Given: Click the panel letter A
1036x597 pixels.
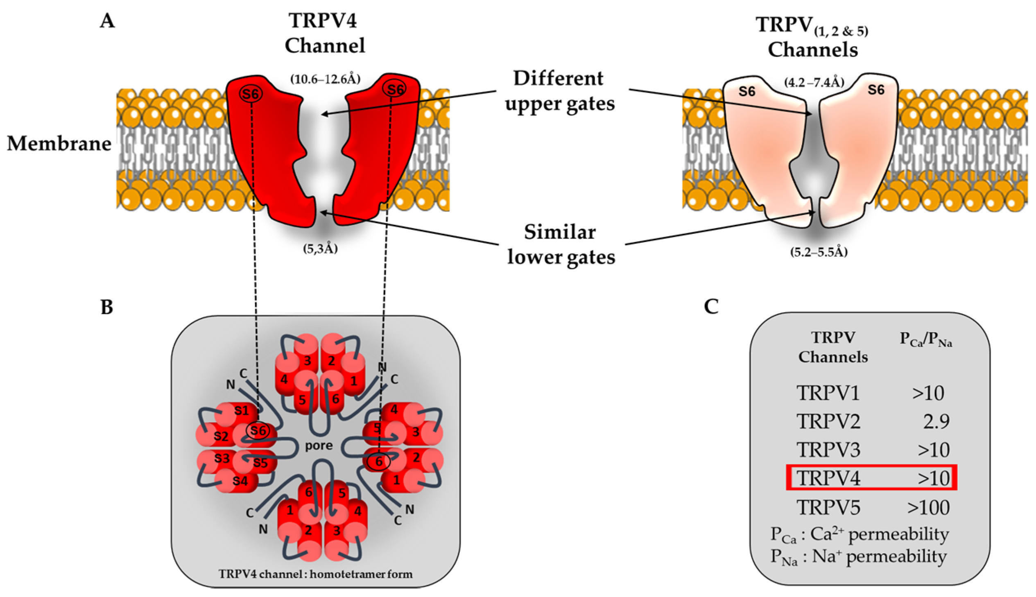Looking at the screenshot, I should tap(107, 20).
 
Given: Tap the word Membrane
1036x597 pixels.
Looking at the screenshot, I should tap(59, 143).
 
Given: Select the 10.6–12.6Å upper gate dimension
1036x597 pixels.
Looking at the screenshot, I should tap(325, 79).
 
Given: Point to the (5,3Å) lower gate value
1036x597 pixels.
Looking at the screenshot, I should tap(320, 249).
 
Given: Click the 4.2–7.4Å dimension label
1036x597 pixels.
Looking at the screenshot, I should tap(814, 83).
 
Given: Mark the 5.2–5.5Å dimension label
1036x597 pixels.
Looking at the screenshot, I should tap(819, 252).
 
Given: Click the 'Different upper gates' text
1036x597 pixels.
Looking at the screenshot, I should tap(559, 90).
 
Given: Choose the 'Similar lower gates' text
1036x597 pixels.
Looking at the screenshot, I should tap(561, 245).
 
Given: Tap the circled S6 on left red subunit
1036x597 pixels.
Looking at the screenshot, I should tap(251, 94).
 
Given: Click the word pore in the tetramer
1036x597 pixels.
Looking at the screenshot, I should tap(319, 445).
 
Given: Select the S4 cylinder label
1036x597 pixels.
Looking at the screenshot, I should tap(240, 481).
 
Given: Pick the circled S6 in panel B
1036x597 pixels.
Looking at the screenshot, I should tap(258, 430).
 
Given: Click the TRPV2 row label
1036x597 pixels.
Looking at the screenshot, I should tap(828, 421).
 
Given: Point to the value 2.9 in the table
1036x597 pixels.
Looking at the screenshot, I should tap(936, 421).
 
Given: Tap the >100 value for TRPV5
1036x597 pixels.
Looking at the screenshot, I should tap(928, 508).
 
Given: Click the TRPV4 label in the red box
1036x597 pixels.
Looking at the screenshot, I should tap(828, 478).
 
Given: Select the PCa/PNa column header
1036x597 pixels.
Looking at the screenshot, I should tap(925, 340).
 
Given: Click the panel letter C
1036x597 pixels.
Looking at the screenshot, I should tap(711, 306).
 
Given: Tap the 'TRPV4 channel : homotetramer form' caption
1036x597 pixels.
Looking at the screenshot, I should tap(315, 574).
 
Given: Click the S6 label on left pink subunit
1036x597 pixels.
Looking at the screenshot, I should tap(746, 91).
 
